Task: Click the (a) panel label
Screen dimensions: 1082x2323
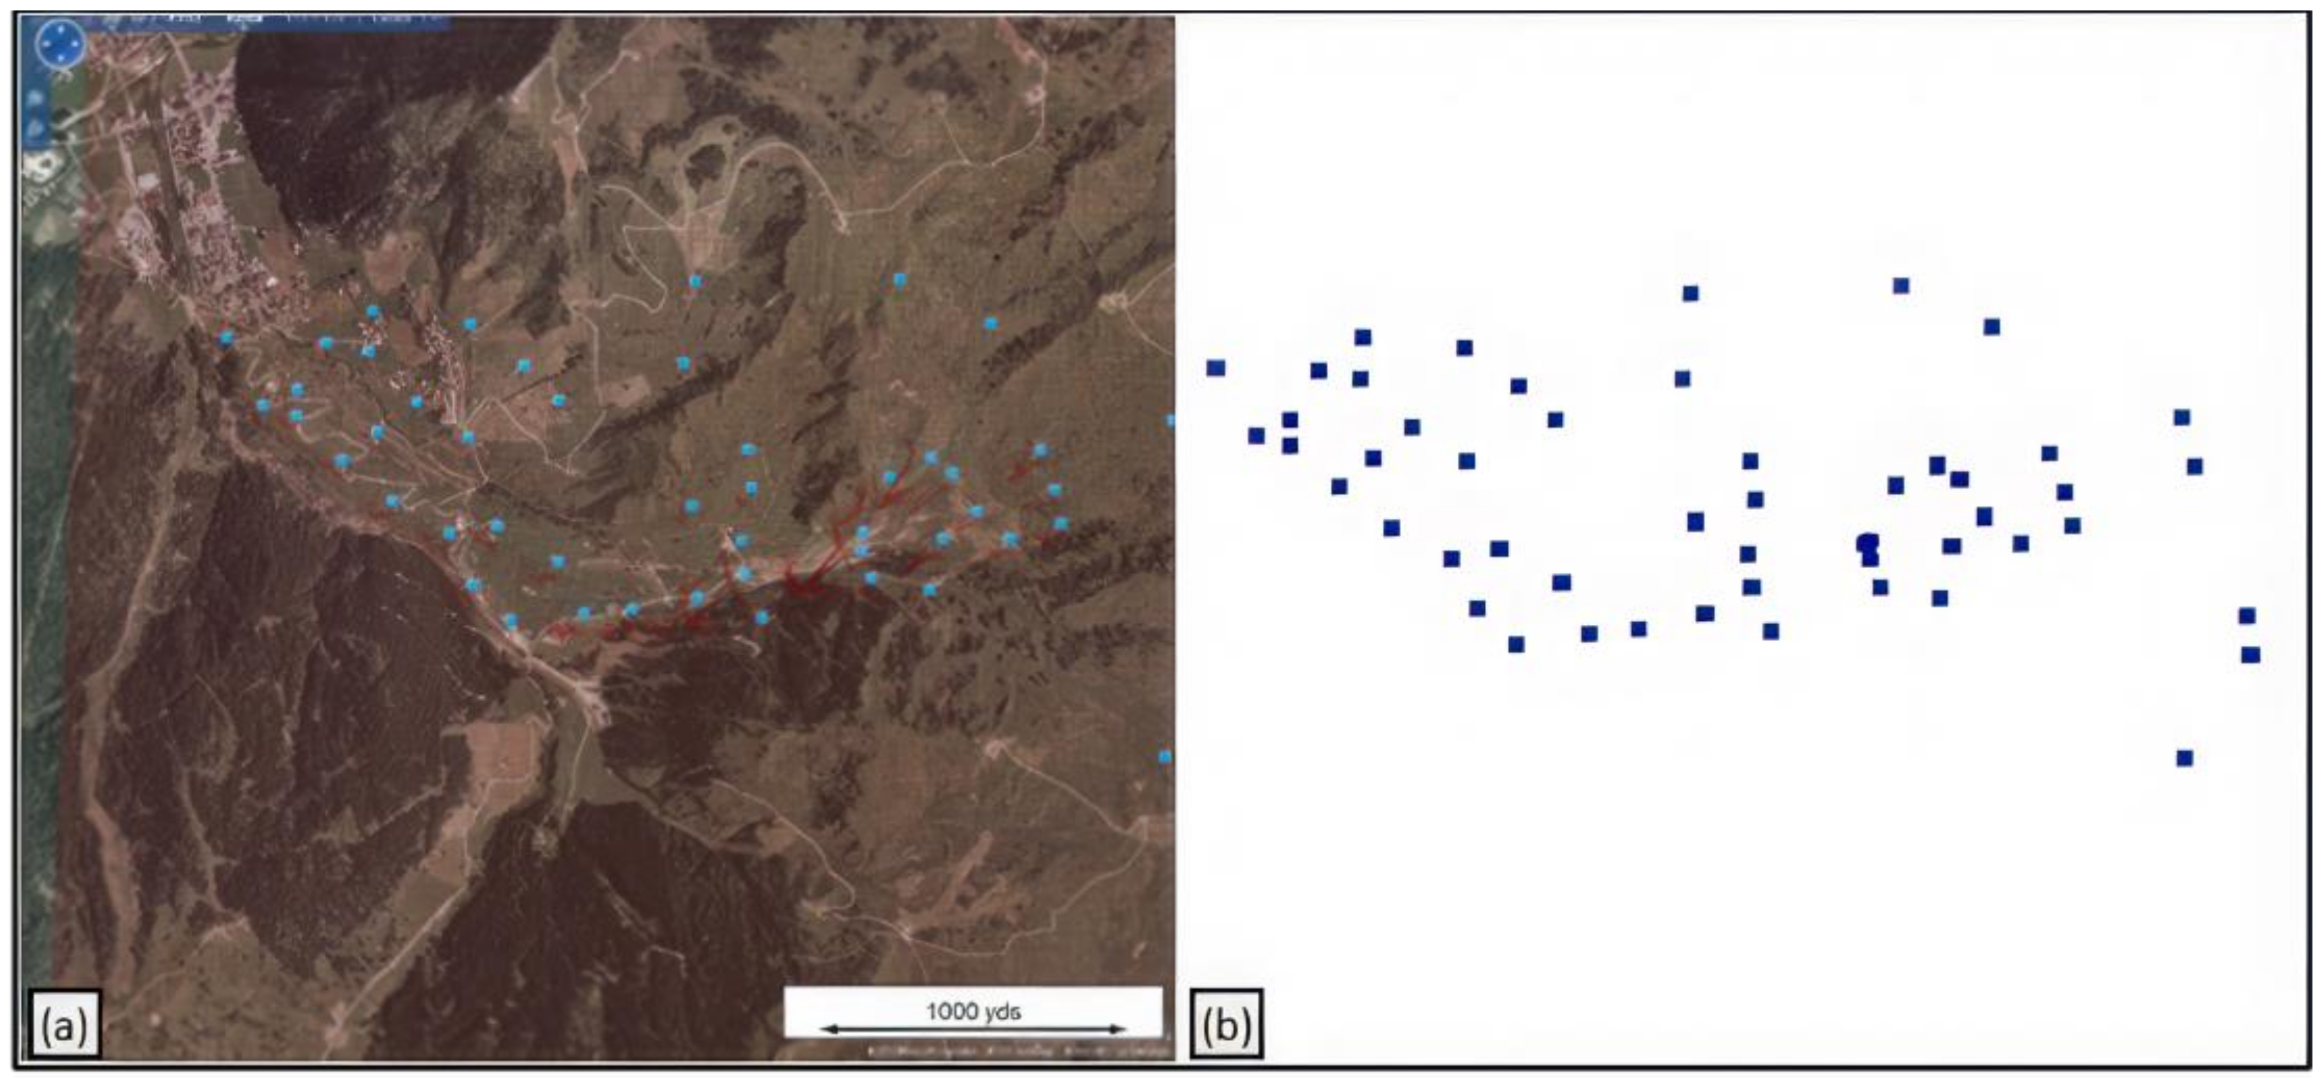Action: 63,1024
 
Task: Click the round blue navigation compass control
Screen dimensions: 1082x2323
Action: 60,43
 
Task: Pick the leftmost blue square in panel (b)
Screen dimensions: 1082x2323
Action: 1216,368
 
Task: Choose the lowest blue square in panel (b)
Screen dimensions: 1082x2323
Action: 2184,758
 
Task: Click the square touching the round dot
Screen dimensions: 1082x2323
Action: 1871,559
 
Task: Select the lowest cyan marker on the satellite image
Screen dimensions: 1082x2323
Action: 1164,757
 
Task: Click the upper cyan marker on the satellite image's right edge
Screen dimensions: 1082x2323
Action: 1170,420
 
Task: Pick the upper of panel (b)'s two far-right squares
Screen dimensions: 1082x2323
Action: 2247,616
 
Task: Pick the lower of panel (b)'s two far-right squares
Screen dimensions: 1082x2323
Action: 2250,655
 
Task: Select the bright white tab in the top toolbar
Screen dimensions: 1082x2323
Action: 244,18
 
